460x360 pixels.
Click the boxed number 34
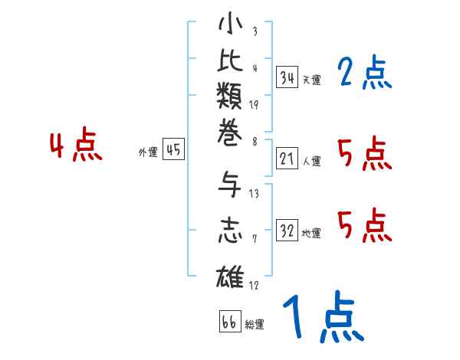pyautogui.click(x=287, y=77)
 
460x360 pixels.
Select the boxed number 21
pyautogui.click(x=287, y=159)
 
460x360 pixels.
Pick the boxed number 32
pyautogui.click(x=287, y=231)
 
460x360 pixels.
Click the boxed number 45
pyautogui.click(x=173, y=150)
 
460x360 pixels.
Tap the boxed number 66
pyautogui.click(x=228, y=322)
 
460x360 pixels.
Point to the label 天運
pyautogui.click(x=311, y=80)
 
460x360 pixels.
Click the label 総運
pyautogui.click(x=255, y=324)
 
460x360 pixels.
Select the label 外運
pyautogui.click(x=148, y=152)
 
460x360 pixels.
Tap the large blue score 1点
pyautogui.click(x=322, y=318)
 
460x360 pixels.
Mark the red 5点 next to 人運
pyautogui.click(x=364, y=155)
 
